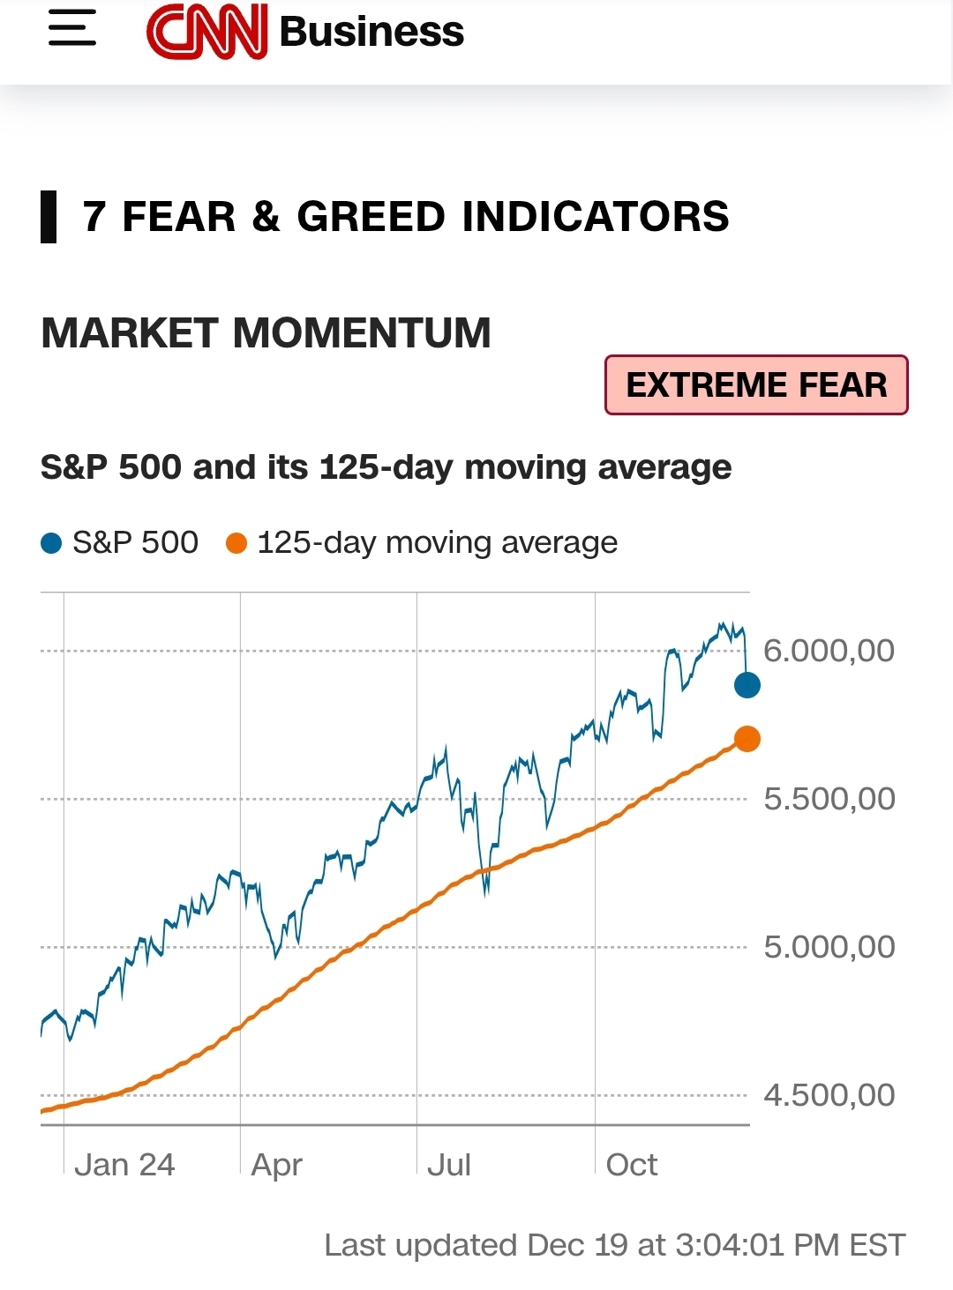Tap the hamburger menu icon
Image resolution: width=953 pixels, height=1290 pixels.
tap(72, 28)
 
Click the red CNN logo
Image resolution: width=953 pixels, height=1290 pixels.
tap(207, 32)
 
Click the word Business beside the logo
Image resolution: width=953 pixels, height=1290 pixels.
tap(371, 32)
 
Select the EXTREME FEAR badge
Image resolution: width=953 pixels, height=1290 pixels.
tap(756, 385)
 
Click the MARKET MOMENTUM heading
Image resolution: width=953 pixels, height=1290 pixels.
tap(266, 333)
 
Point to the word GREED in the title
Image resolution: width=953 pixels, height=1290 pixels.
tap(371, 217)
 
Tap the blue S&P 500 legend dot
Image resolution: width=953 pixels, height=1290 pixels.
tap(51, 543)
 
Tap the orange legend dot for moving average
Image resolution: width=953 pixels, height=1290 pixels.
tap(236, 543)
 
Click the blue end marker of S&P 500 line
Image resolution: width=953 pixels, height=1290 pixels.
tap(747, 684)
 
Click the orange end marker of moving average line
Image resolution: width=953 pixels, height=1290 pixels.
tap(747, 739)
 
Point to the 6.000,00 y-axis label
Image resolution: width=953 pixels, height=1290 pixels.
tap(829, 651)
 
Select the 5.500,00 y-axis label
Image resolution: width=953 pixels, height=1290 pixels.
tap(829, 799)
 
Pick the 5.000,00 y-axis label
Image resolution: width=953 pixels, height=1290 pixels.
tap(829, 947)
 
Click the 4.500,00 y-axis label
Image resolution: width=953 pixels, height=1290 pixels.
tap(829, 1095)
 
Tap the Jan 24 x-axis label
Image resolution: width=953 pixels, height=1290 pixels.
tap(124, 1165)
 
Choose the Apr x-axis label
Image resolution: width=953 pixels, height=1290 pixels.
tap(276, 1165)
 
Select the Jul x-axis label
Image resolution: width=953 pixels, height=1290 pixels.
tap(449, 1165)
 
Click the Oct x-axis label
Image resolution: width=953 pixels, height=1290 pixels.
tap(632, 1165)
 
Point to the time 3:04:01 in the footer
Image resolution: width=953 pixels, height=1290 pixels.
tap(730, 1245)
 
